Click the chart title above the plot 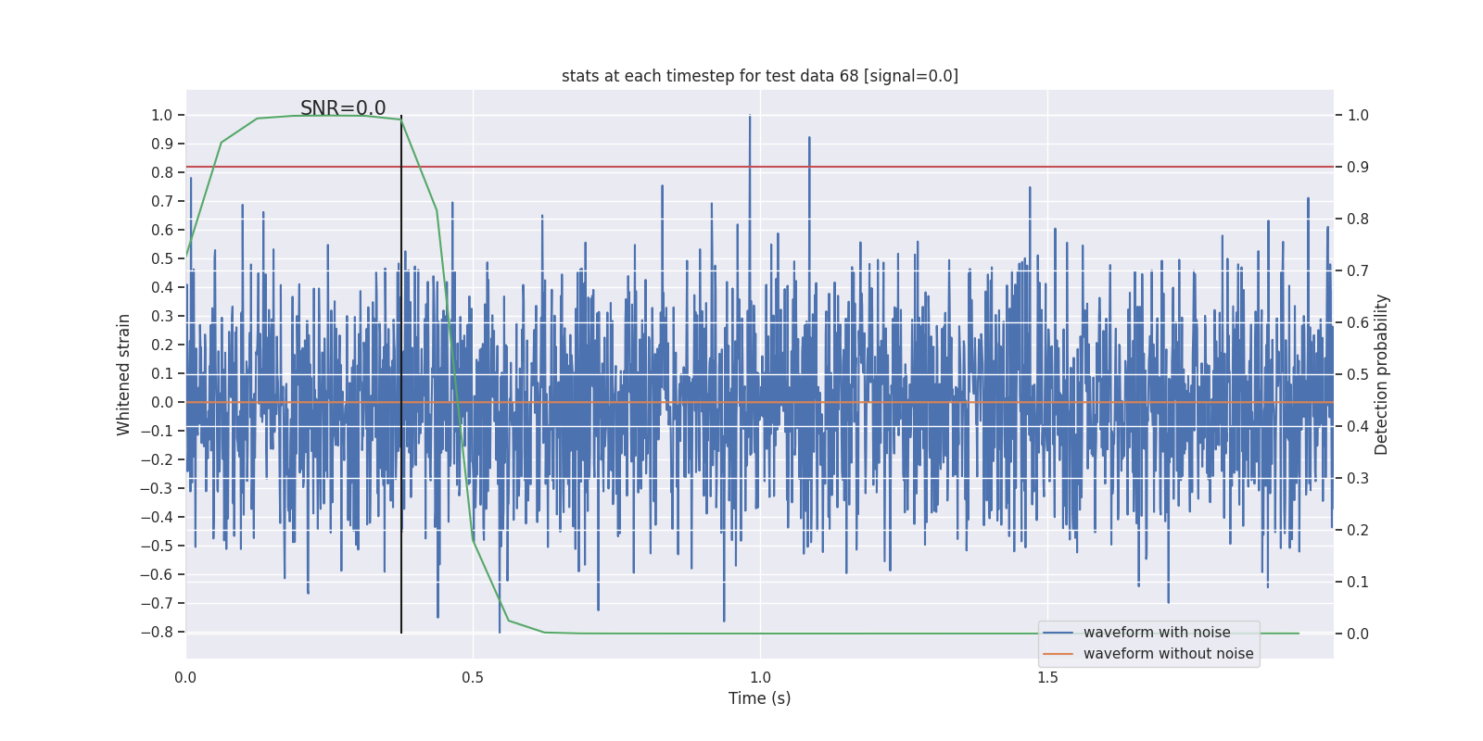(x=759, y=76)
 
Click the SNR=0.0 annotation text (x=343, y=108)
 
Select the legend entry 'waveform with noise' (x=1157, y=633)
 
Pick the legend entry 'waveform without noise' (x=1168, y=654)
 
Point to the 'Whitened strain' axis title (x=124, y=374)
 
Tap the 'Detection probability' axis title (x=1382, y=374)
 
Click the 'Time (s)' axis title (x=759, y=698)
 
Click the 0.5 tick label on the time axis (x=473, y=678)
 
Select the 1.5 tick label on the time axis (x=1047, y=678)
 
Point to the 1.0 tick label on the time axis (x=760, y=678)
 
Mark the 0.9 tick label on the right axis (x=1358, y=167)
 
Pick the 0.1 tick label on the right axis (x=1358, y=582)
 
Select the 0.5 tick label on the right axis (x=1358, y=374)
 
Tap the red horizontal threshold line (x=927, y=167)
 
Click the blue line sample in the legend (x=1058, y=633)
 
